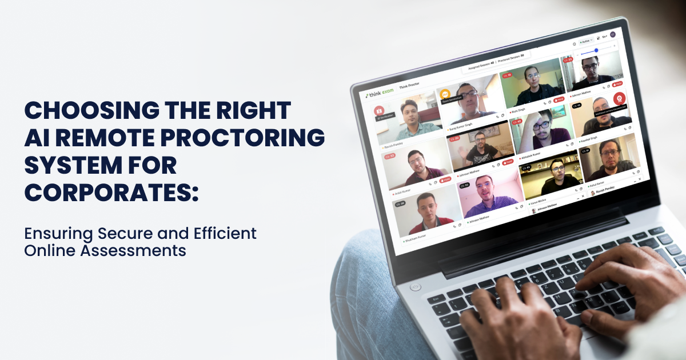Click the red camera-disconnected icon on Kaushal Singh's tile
click(x=618, y=98)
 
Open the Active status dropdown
click(x=586, y=42)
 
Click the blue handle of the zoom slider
click(x=596, y=50)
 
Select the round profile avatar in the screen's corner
click(x=613, y=35)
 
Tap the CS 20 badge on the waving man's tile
click(x=456, y=138)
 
